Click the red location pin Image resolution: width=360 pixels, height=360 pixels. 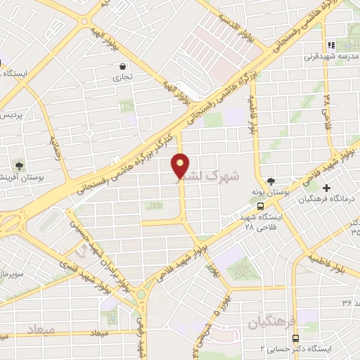[181, 166]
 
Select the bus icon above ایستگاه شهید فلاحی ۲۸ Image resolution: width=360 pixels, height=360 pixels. [261, 207]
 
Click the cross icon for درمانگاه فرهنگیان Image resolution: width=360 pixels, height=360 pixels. [326, 188]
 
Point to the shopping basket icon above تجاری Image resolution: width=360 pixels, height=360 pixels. [122, 67]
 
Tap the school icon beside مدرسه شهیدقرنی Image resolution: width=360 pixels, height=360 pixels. [330, 45]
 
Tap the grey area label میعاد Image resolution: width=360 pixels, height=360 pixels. [41, 329]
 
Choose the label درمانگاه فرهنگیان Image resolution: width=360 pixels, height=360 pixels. [325, 200]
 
